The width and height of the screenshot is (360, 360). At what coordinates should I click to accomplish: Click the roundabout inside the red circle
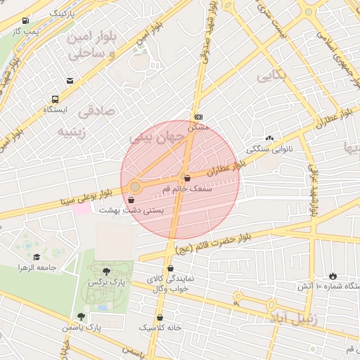135,186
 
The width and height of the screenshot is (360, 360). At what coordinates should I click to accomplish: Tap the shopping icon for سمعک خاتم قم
186,178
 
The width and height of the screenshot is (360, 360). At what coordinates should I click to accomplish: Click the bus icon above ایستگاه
55,98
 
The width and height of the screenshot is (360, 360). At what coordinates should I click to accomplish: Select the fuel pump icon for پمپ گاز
26,20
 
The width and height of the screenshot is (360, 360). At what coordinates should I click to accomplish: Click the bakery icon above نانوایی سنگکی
269,138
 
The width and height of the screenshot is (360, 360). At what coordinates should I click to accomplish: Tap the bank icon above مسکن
198,116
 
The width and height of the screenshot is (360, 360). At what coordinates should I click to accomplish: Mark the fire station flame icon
333,275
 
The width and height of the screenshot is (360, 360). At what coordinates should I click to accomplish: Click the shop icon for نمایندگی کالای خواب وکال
171,268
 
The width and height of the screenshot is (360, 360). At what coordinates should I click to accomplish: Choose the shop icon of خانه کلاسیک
160,317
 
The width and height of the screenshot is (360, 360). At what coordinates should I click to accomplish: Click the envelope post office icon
70,82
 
